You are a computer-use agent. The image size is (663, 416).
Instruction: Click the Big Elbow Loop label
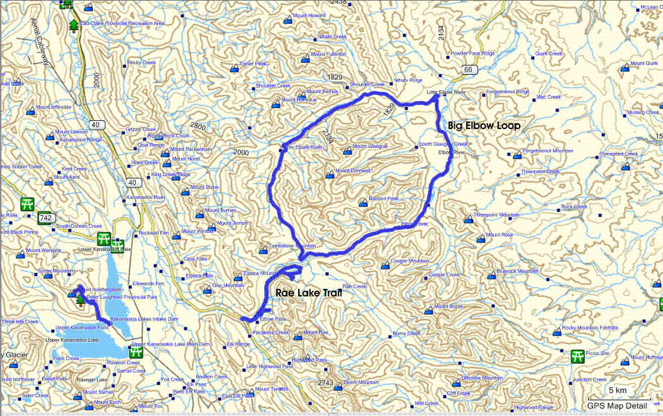tap(484, 126)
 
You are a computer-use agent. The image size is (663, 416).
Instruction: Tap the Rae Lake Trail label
tap(304, 293)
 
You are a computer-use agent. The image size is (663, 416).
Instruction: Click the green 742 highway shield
tap(45, 218)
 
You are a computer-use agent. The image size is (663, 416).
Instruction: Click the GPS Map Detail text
tap(618, 406)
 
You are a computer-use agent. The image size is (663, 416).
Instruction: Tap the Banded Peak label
tap(384, 199)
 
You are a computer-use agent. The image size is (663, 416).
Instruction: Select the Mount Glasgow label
tap(370, 147)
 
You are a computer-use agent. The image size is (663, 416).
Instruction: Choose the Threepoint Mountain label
tap(496, 215)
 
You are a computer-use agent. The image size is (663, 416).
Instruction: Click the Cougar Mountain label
tap(410, 261)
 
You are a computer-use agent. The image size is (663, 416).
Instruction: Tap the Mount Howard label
tap(309, 15)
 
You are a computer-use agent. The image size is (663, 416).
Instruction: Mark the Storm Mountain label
tap(361, 383)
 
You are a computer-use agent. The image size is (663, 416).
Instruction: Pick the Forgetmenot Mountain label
tap(547, 151)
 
